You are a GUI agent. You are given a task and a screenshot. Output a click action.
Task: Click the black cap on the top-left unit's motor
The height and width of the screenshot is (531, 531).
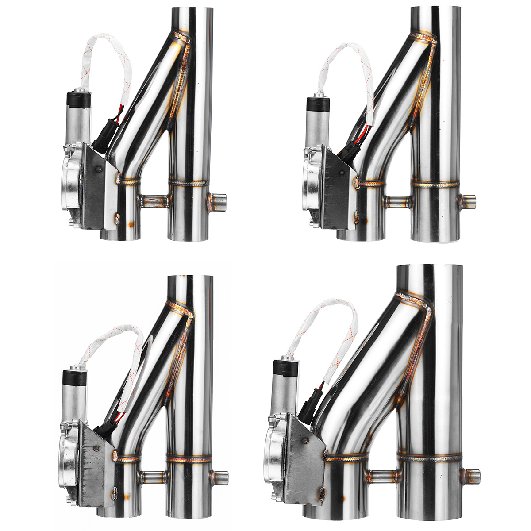(78, 100)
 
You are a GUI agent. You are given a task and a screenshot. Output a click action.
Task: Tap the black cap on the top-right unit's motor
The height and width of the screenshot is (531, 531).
(318, 104)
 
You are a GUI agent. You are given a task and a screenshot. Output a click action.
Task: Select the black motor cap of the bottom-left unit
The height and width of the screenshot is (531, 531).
(74, 377)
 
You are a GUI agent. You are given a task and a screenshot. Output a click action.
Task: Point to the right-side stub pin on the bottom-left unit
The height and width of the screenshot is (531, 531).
(220, 478)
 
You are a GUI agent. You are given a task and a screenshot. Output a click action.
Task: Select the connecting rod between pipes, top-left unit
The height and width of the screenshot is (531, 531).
(154, 201)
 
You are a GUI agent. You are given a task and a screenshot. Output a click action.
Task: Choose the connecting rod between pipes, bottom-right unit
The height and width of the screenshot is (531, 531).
(383, 476)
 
